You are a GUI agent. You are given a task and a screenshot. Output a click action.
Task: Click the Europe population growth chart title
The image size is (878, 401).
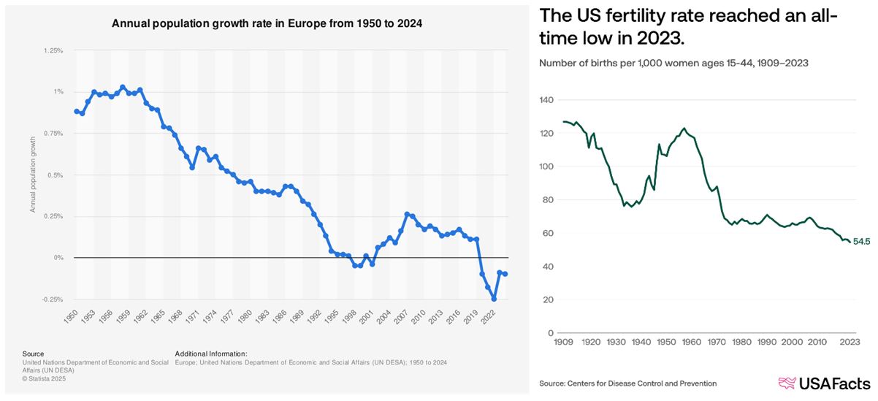267,23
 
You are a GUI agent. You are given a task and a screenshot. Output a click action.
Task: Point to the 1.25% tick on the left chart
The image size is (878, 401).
53,51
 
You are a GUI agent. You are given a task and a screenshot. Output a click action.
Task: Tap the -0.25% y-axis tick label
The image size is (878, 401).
52,299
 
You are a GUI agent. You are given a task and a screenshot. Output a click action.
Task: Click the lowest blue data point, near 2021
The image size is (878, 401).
494,299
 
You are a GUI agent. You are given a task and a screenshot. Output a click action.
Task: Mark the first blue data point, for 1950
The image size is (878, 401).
77,111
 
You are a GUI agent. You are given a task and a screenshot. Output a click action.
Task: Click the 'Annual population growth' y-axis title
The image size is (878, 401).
33,175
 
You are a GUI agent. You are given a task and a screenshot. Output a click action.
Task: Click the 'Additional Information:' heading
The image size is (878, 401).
211,354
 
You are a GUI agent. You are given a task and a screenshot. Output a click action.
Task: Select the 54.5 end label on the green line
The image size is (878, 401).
861,242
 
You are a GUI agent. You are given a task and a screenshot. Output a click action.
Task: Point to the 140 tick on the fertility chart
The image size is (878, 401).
546,100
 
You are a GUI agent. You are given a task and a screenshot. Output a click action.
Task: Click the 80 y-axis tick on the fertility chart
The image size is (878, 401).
549,200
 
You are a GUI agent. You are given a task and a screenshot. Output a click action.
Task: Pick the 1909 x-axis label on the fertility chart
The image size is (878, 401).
563,342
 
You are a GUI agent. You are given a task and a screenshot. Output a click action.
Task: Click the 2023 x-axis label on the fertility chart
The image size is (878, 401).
848,342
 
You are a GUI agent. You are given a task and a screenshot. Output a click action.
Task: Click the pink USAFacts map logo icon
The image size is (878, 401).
787,383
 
